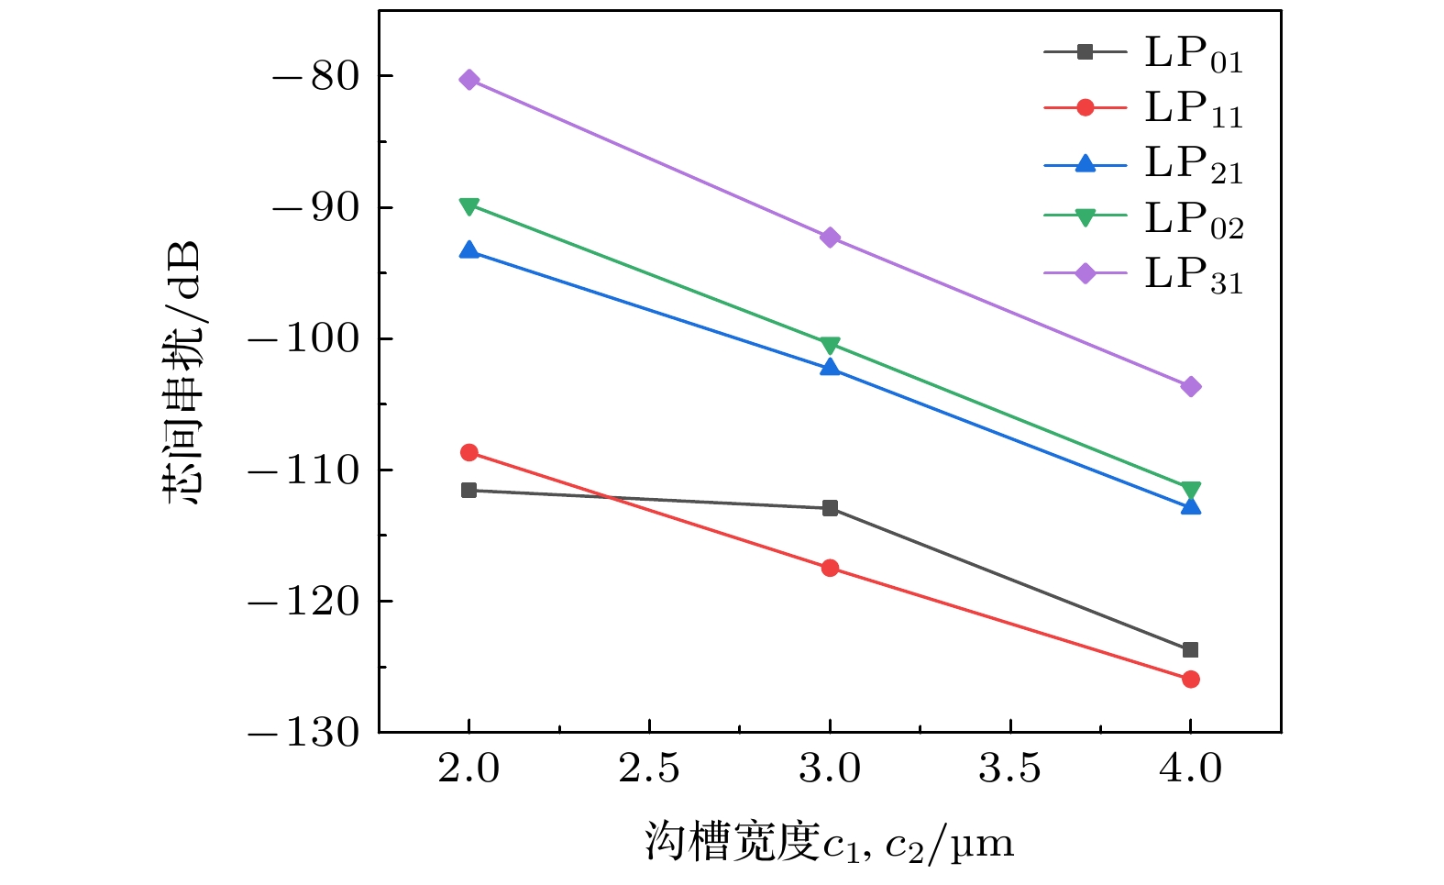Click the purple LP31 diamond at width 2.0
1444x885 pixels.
pyautogui.click(x=469, y=80)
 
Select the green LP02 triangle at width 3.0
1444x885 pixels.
pyautogui.click(x=830, y=345)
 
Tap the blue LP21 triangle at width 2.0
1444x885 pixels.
pyautogui.click(x=469, y=249)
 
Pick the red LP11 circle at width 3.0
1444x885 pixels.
pyautogui.click(x=830, y=568)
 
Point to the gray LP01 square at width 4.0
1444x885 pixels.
pyautogui.click(x=1190, y=650)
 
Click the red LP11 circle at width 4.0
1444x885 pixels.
pyautogui.click(x=1190, y=680)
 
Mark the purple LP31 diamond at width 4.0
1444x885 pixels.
pyautogui.click(x=1190, y=387)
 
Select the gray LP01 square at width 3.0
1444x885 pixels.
pyautogui.click(x=830, y=508)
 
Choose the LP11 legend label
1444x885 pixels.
pyautogui.click(x=1193, y=109)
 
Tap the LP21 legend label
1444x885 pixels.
pyautogui.click(x=1193, y=164)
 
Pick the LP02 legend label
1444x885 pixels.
pyautogui.click(x=1193, y=219)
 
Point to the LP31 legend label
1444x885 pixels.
pyautogui.click(x=1193, y=274)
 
